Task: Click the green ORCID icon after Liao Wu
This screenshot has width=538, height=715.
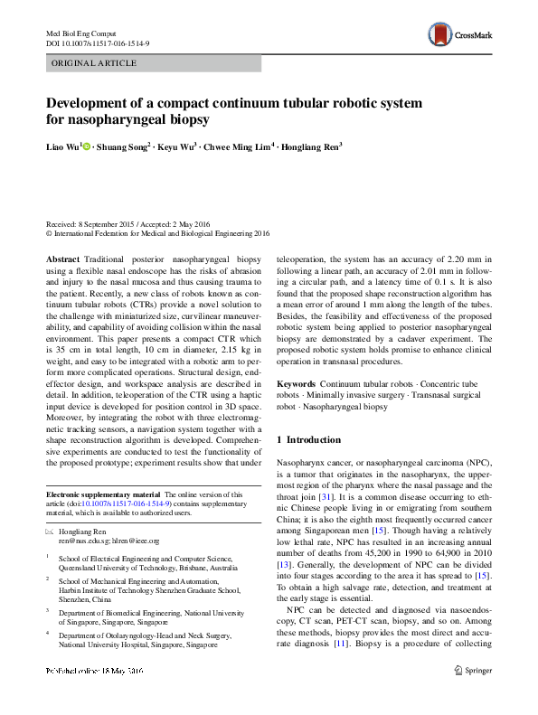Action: pos(87,146)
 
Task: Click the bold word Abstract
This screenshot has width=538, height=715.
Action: pos(63,259)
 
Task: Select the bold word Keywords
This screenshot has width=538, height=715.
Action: pos(297,385)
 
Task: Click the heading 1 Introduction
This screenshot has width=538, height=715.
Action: pos(308,439)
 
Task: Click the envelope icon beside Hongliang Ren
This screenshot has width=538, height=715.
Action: pos(50,532)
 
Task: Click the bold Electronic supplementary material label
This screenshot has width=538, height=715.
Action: pos(102,494)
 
